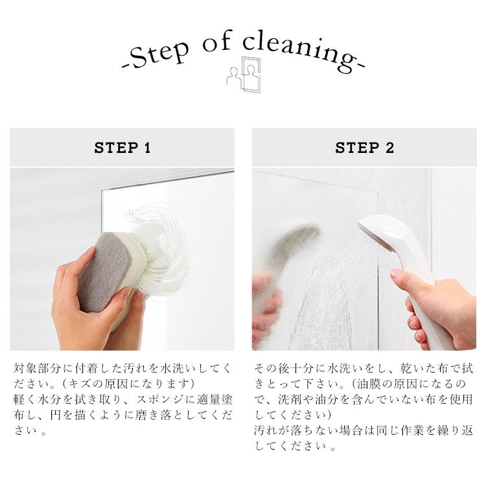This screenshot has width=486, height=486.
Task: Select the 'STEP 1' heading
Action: coord(122,148)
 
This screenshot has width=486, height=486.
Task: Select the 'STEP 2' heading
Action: coord(364,148)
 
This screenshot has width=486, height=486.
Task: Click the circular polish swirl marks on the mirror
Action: coord(155,245)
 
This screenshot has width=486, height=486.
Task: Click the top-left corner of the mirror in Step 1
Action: coord(102,190)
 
